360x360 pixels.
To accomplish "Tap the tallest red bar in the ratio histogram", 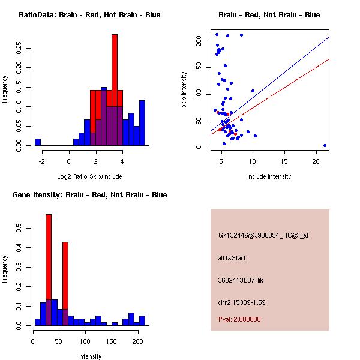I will pos(114,72).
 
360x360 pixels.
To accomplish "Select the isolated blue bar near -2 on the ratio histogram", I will pos(38,142).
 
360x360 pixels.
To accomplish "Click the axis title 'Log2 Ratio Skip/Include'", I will pos(89,176).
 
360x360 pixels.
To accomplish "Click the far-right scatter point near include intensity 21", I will pos(325,145).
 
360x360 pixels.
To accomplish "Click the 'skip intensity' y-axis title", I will pos(184,90).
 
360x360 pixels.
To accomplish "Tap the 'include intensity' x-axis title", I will pos(269,176).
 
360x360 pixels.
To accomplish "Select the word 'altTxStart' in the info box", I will pos(232,258).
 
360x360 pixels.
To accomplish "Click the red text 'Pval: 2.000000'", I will pos(239,319).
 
